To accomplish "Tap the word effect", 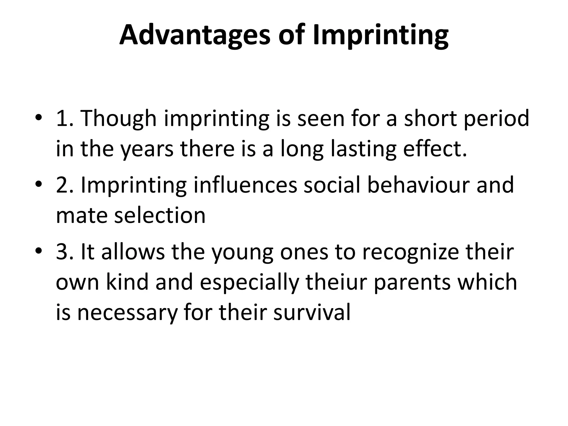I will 435,149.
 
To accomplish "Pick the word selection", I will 160,215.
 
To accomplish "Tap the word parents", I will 412,282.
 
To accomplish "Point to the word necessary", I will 127,313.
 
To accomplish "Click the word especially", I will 249,282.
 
